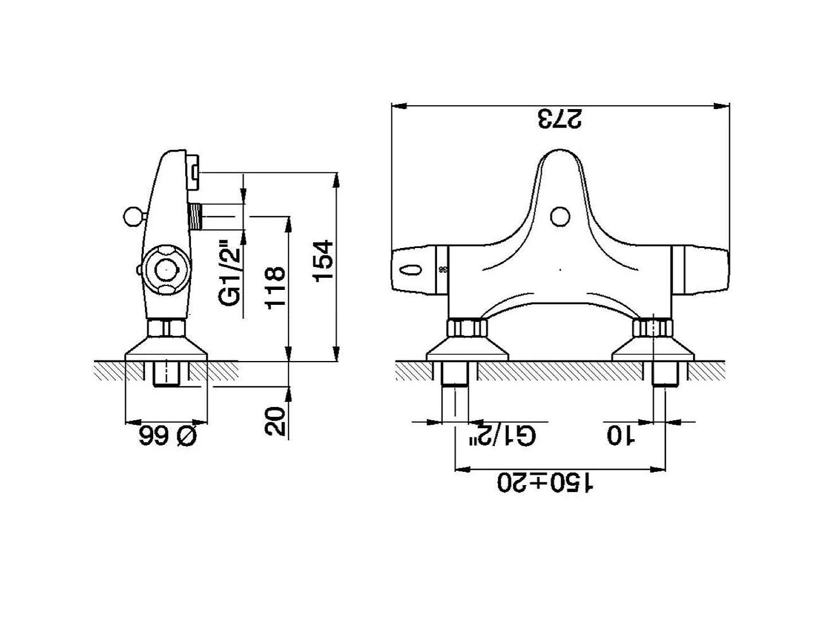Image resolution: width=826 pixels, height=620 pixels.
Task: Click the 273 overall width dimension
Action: point(560,119)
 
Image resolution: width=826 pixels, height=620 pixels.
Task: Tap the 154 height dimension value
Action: point(324,261)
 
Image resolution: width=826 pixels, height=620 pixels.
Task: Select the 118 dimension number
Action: point(275,288)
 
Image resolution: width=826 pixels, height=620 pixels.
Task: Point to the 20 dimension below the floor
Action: point(275,421)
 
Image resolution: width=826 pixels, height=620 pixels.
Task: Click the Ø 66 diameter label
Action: point(168,436)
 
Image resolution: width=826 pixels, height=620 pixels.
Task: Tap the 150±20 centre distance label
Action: point(546,483)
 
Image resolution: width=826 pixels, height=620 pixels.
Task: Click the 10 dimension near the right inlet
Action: point(621,436)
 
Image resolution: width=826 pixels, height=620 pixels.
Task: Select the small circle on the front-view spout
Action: point(560,217)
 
